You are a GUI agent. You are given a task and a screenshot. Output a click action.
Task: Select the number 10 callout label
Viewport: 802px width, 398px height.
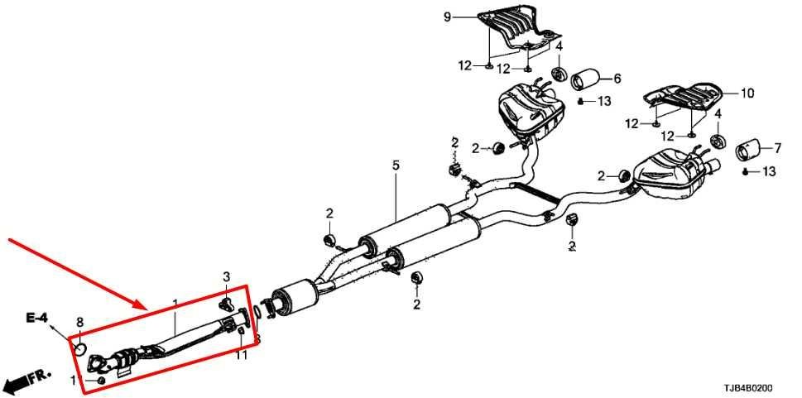pyautogui.click(x=747, y=94)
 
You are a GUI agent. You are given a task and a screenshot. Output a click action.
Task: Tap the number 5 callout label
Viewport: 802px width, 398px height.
pyautogui.click(x=396, y=166)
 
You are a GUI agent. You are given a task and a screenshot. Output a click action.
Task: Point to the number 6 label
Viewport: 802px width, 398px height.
pyautogui.click(x=617, y=79)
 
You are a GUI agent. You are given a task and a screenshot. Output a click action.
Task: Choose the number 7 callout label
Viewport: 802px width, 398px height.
pyautogui.click(x=777, y=149)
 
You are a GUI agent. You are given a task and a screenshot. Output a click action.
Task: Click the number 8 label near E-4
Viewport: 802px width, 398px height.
pyautogui.click(x=79, y=322)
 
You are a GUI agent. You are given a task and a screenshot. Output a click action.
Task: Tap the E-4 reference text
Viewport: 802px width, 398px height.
pyautogui.click(x=36, y=318)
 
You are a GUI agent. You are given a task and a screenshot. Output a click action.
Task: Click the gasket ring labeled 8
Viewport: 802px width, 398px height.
pyautogui.click(x=82, y=347)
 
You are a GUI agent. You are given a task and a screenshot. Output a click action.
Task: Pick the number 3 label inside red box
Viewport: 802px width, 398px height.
pyautogui.click(x=225, y=276)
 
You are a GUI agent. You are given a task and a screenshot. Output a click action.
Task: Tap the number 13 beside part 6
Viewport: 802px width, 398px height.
pyautogui.click(x=604, y=101)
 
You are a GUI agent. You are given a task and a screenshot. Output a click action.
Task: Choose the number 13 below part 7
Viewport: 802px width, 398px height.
pyautogui.click(x=768, y=171)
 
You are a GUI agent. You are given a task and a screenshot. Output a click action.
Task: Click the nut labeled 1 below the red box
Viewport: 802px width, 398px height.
pyautogui.click(x=101, y=380)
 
